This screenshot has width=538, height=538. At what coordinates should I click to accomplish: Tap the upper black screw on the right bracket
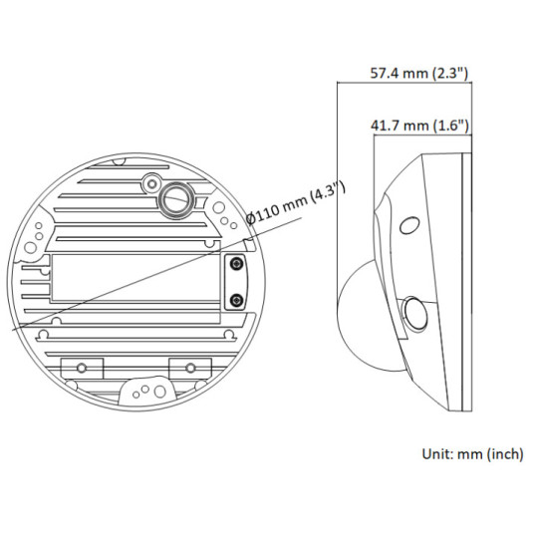(236, 264)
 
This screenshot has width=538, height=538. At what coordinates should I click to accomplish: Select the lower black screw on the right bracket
(236, 300)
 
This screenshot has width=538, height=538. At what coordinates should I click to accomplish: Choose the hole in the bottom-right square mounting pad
(184, 366)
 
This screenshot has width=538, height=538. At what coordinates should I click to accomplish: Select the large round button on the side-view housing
(414, 317)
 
